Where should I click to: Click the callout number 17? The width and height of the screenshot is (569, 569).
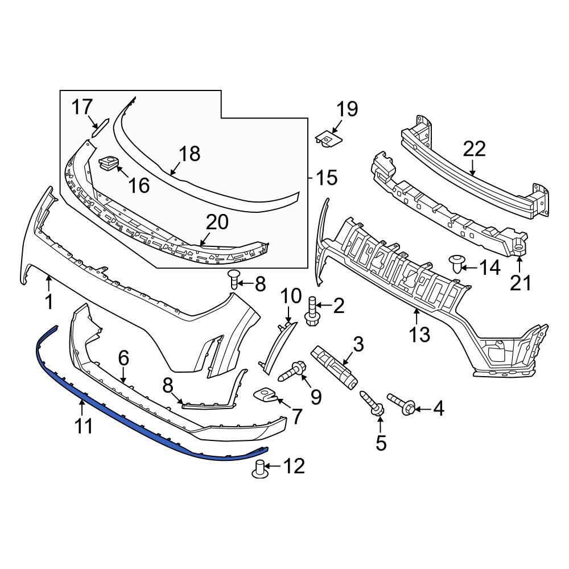pos(82,106)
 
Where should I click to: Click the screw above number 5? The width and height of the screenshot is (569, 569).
pos(376,405)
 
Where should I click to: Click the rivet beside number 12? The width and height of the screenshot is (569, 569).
pos(260,469)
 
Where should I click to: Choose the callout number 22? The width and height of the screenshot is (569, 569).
pos(474,149)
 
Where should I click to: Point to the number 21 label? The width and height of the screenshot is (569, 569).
pos(519,282)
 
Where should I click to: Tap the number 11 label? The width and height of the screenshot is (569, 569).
pos(84,426)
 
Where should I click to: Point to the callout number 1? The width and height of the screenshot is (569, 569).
pos(49,301)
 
